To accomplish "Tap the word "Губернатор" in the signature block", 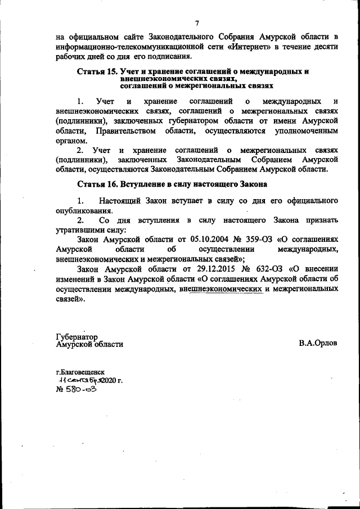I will (x=77, y=337).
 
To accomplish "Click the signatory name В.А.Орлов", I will (x=318, y=344).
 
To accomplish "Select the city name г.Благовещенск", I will (x=80, y=372).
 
